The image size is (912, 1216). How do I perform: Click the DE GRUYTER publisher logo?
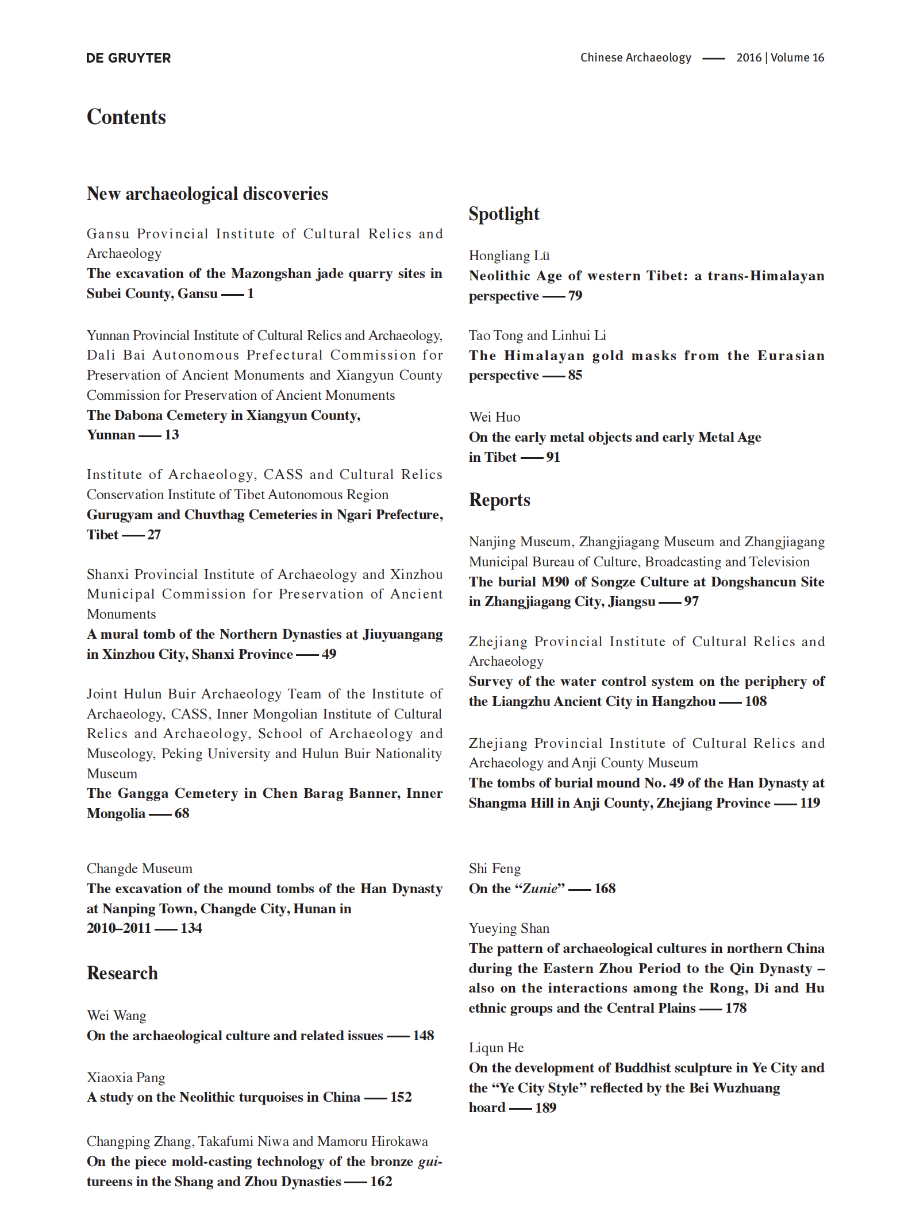128,58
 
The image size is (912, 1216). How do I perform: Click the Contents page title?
126,117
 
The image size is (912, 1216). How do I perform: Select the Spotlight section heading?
504,214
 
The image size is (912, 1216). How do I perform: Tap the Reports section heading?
499,500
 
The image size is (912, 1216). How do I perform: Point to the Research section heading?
122,973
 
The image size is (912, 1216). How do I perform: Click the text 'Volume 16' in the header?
797,57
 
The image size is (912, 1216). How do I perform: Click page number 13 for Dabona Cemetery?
171,435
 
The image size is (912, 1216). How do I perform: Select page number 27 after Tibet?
154,535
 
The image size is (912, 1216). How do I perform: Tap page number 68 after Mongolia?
182,813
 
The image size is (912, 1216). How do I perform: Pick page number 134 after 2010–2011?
191,928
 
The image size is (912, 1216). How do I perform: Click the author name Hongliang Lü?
509,256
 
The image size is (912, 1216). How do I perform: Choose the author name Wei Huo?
494,417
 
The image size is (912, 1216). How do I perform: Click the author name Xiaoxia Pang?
126,1078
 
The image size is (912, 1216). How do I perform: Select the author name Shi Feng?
495,868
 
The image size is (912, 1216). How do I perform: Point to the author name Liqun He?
496,1048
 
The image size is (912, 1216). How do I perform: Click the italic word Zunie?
540,889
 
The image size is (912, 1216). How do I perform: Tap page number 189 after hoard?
545,1108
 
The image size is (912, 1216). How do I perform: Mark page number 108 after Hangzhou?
756,701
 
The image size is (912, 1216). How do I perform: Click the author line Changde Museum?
140,868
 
